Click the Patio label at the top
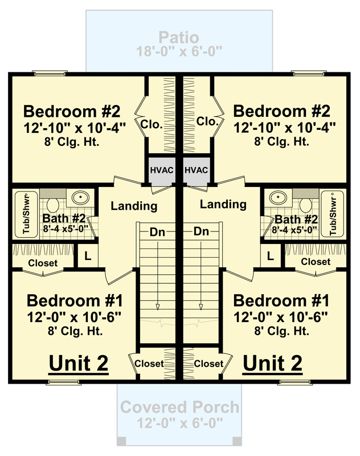179,38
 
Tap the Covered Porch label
179,407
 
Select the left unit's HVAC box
162,170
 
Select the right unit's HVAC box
196,170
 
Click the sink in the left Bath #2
80,198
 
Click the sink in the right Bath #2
278,198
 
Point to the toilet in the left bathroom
52,205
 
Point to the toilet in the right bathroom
306,205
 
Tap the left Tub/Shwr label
26,214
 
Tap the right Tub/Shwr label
333,216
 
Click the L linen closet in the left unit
88,255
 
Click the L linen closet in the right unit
271,255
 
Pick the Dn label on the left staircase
157,232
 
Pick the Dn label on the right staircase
201,231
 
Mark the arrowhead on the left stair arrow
158,307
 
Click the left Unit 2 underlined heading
79,364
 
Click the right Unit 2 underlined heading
272,364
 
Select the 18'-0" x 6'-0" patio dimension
179,52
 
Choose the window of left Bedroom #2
50,73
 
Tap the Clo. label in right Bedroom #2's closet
207,121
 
